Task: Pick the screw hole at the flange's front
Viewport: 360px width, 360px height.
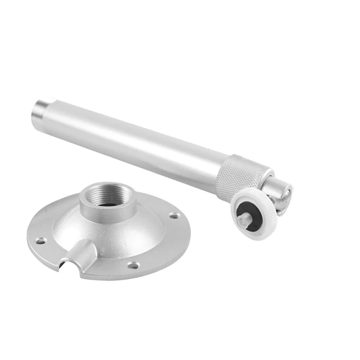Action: [133, 265]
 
